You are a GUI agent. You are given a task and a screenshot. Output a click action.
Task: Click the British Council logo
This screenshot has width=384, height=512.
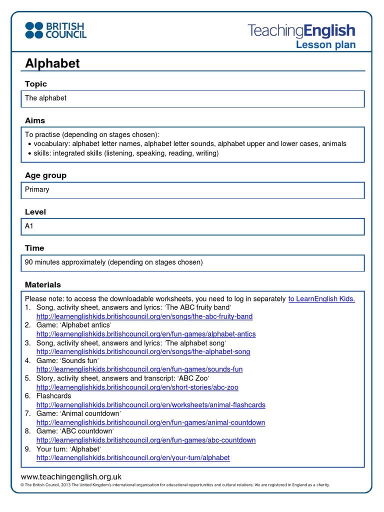(x=56, y=30)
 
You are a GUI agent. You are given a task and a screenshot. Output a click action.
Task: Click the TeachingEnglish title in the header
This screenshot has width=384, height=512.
(x=301, y=31)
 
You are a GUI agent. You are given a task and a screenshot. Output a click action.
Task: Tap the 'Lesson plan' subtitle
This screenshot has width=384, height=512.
(x=325, y=45)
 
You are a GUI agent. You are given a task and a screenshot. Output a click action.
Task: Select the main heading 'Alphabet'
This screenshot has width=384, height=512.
(x=52, y=63)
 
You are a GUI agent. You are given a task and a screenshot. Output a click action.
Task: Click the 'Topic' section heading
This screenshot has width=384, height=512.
(x=36, y=84)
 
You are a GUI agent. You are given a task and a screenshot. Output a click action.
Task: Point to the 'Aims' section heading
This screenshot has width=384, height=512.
(x=35, y=120)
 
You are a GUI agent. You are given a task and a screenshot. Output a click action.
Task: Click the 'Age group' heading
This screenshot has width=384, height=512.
(x=45, y=175)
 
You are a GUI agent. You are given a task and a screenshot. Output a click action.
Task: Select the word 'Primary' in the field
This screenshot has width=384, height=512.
(x=37, y=189)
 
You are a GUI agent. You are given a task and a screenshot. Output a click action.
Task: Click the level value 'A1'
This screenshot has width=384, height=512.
(x=29, y=226)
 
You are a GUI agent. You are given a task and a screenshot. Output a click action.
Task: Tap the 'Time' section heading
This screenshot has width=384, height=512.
(x=34, y=248)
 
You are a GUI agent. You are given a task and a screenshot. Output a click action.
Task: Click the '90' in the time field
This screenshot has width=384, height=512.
(x=29, y=262)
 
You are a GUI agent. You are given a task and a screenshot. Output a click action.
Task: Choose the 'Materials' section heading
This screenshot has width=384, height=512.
(x=43, y=284)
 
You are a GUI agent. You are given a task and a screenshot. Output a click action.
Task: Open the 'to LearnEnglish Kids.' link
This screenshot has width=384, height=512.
(x=321, y=299)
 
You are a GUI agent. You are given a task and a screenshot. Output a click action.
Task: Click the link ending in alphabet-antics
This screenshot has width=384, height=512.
(x=146, y=334)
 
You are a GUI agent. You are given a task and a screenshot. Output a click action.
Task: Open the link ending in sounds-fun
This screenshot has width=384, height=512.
(x=139, y=369)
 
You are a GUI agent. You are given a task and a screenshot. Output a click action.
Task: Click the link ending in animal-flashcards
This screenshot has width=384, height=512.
(x=151, y=405)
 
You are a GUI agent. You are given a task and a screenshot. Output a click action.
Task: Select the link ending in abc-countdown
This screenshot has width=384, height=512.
(x=146, y=440)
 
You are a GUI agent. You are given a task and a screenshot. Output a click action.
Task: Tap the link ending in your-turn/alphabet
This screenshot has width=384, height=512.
(x=133, y=458)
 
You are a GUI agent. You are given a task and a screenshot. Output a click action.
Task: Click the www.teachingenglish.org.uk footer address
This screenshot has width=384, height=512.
(x=71, y=477)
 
